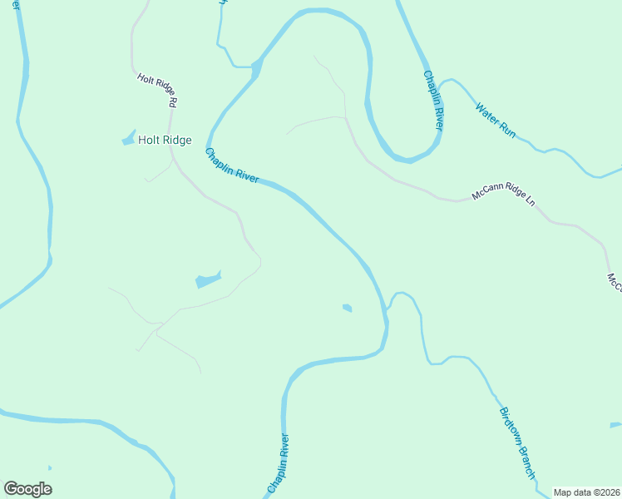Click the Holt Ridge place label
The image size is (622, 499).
point(165,141)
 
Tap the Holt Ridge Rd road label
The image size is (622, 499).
point(158,90)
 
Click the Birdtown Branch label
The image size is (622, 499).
point(516,442)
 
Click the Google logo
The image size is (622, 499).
point(27,489)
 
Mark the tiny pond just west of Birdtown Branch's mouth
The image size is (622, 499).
point(347,308)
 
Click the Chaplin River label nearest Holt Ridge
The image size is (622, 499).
point(232,165)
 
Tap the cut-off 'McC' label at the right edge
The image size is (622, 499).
point(614,283)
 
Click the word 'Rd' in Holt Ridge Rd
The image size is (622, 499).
point(174,101)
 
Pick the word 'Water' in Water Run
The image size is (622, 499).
point(486,113)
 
